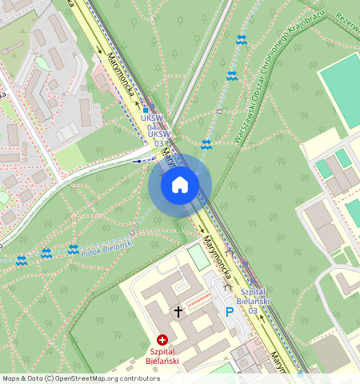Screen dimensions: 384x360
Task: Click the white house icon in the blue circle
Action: (x=180, y=186)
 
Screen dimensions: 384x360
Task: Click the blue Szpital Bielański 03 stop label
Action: (x=253, y=301)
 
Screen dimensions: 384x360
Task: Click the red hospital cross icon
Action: (x=162, y=340)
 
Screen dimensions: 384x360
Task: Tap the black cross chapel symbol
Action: (x=178, y=310)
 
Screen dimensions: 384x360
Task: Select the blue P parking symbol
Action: (x=230, y=311)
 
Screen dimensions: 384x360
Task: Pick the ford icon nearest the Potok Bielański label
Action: (x=74, y=250)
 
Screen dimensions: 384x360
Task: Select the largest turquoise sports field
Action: (x=341, y=88)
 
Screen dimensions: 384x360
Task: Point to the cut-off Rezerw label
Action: (x=349, y=15)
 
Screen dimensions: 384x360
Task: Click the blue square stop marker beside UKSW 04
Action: (x=146, y=111)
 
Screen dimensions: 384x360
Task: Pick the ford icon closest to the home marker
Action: (x=206, y=144)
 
